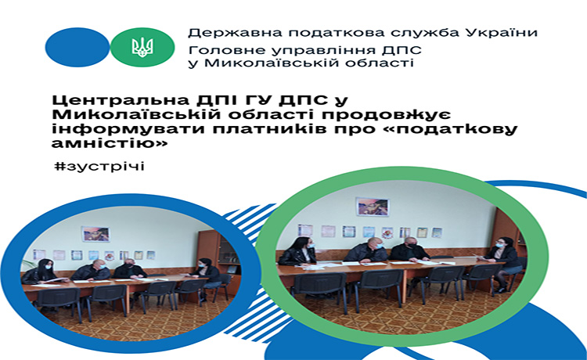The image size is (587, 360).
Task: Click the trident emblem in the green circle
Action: [x=142, y=48]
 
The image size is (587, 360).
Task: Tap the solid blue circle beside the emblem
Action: [x=77, y=48]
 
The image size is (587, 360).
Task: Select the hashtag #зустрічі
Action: [x=99, y=166]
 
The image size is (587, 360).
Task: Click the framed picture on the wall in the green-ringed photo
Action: [x=373, y=206]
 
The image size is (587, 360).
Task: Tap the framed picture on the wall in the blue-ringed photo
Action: [x=95, y=234]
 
